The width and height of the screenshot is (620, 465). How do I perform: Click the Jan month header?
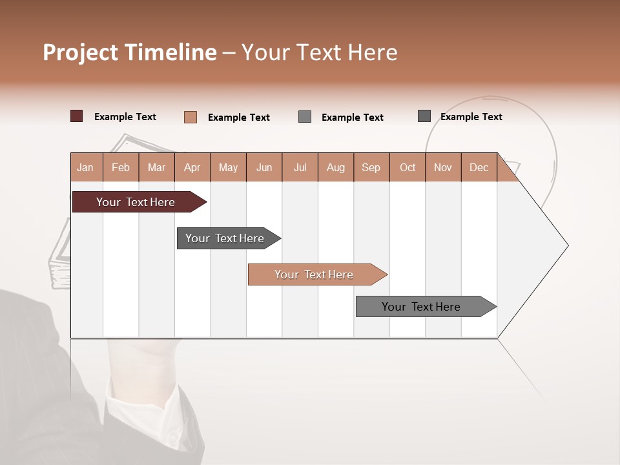(86, 167)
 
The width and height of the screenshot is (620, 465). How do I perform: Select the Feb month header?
(121, 167)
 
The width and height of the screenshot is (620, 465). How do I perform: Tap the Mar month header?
(156, 167)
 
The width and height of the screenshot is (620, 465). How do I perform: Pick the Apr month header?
(192, 167)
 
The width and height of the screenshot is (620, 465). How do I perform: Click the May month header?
(228, 167)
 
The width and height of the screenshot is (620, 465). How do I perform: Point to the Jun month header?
(264, 167)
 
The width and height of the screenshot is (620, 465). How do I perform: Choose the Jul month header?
(300, 167)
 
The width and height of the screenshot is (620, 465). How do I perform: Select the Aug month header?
(336, 167)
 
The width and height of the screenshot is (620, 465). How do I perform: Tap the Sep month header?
(371, 167)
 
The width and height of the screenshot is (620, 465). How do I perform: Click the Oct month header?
(408, 167)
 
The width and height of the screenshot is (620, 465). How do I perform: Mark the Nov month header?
(443, 167)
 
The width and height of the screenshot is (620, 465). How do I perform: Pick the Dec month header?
(479, 167)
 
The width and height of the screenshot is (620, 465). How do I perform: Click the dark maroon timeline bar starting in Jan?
(136, 202)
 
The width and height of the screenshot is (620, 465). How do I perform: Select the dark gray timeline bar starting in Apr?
(225, 238)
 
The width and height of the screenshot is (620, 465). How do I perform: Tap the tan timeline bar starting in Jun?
(314, 274)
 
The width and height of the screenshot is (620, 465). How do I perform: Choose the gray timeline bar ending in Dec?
(422, 307)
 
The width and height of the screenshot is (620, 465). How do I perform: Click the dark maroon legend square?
(76, 116)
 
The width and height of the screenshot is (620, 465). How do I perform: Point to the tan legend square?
(190, 117)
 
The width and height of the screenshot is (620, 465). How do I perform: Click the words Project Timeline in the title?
(130, 52)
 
